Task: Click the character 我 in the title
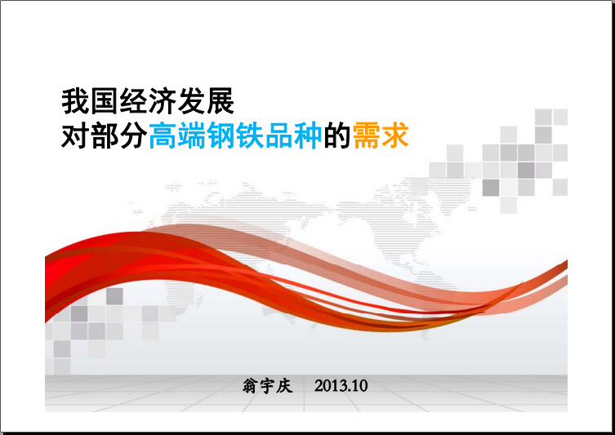coord(76,101)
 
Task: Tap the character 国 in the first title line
coord(105,101)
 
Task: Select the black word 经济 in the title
coord(148,101)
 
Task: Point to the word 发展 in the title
coord(206,101)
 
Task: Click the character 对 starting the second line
coord(76,135)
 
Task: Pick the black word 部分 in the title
coord(119,135)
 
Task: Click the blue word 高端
coord(177,135)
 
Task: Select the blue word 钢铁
coord(235,135)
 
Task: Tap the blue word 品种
coord(293,135)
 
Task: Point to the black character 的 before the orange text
coord(337,135)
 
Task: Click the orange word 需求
coord(381,135)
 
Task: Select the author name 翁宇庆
coord(268,386)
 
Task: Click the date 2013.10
coord(341,386)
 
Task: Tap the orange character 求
coord(395,135)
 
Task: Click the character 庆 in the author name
coord(284,386)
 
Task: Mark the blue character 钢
coord(221,135)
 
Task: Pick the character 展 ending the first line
coord(221,101)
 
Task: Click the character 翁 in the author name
coord(250,386)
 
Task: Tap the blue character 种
coord(308,135)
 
